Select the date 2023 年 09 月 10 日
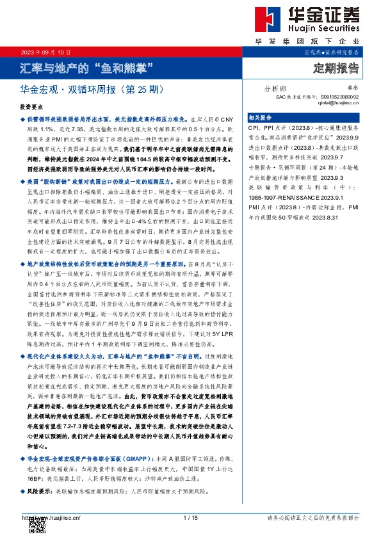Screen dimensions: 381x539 (45, 52)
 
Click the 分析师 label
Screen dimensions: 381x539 (275, 88)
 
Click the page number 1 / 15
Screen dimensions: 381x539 (190, 517)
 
